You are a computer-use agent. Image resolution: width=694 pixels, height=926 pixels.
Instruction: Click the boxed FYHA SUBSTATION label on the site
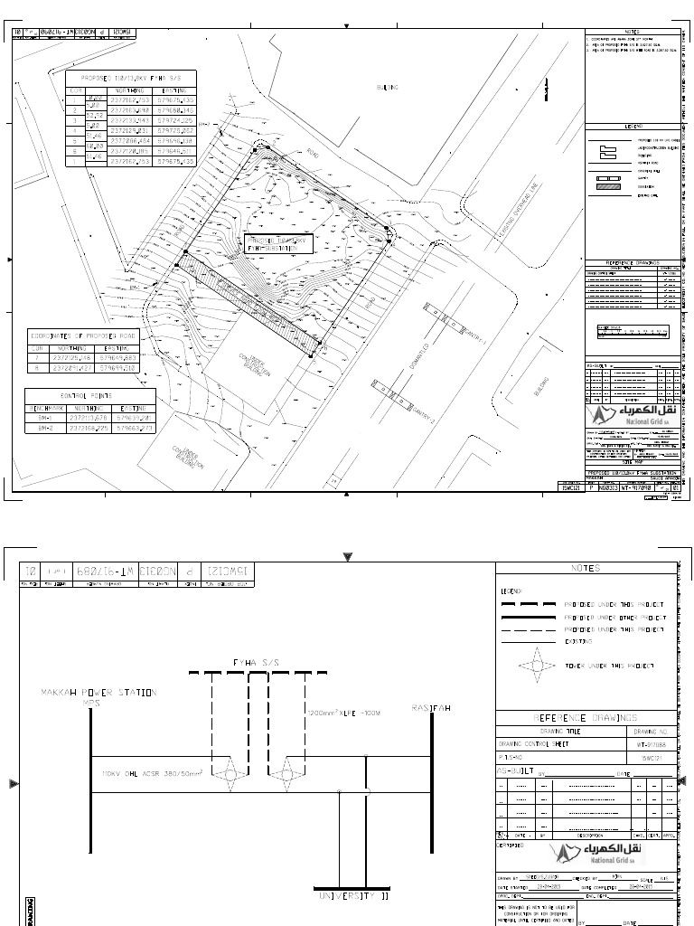coord(277,243)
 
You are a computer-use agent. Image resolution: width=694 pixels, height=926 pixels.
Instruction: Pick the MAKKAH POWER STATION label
coord(98,693)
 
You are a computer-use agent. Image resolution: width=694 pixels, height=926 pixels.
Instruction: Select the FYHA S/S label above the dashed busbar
coord(258,663)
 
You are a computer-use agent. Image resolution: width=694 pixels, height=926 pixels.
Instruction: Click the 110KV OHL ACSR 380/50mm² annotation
coord(153,774)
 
